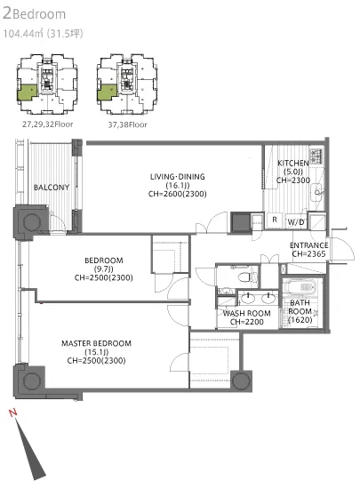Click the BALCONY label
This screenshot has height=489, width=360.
coord(52,188)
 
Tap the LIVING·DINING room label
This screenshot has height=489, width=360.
coord(178,177)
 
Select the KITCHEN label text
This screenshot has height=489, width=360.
coord(293,163)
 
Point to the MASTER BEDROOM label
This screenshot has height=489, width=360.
coord(96,343)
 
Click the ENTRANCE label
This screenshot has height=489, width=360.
coord(308,245)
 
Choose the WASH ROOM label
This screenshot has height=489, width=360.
coord(246,313)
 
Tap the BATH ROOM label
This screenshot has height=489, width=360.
coord(300,307)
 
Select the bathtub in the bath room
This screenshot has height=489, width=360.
coord(300,287)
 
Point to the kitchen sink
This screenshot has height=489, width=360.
coord(317,191)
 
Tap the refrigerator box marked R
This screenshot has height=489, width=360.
coord(275,220)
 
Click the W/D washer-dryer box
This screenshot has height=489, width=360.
coord(296,221)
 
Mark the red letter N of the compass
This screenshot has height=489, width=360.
coord(12,413)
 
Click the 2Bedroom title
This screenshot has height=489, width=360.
coord(35,14)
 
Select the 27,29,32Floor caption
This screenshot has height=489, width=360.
coord(47,124)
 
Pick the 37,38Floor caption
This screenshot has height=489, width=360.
coord(127,124)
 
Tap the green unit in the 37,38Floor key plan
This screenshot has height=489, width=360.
coord(107,92)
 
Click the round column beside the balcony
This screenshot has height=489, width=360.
coord(32,222)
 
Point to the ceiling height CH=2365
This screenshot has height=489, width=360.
coord(308,254)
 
